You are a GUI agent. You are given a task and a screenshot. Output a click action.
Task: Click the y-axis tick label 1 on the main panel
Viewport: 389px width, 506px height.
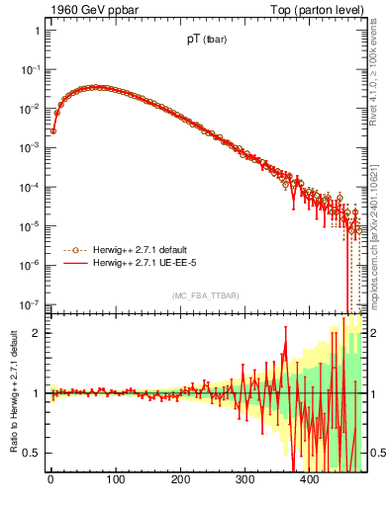(37, 31)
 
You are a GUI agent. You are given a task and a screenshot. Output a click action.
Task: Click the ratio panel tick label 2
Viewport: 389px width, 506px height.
(37, 333)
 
